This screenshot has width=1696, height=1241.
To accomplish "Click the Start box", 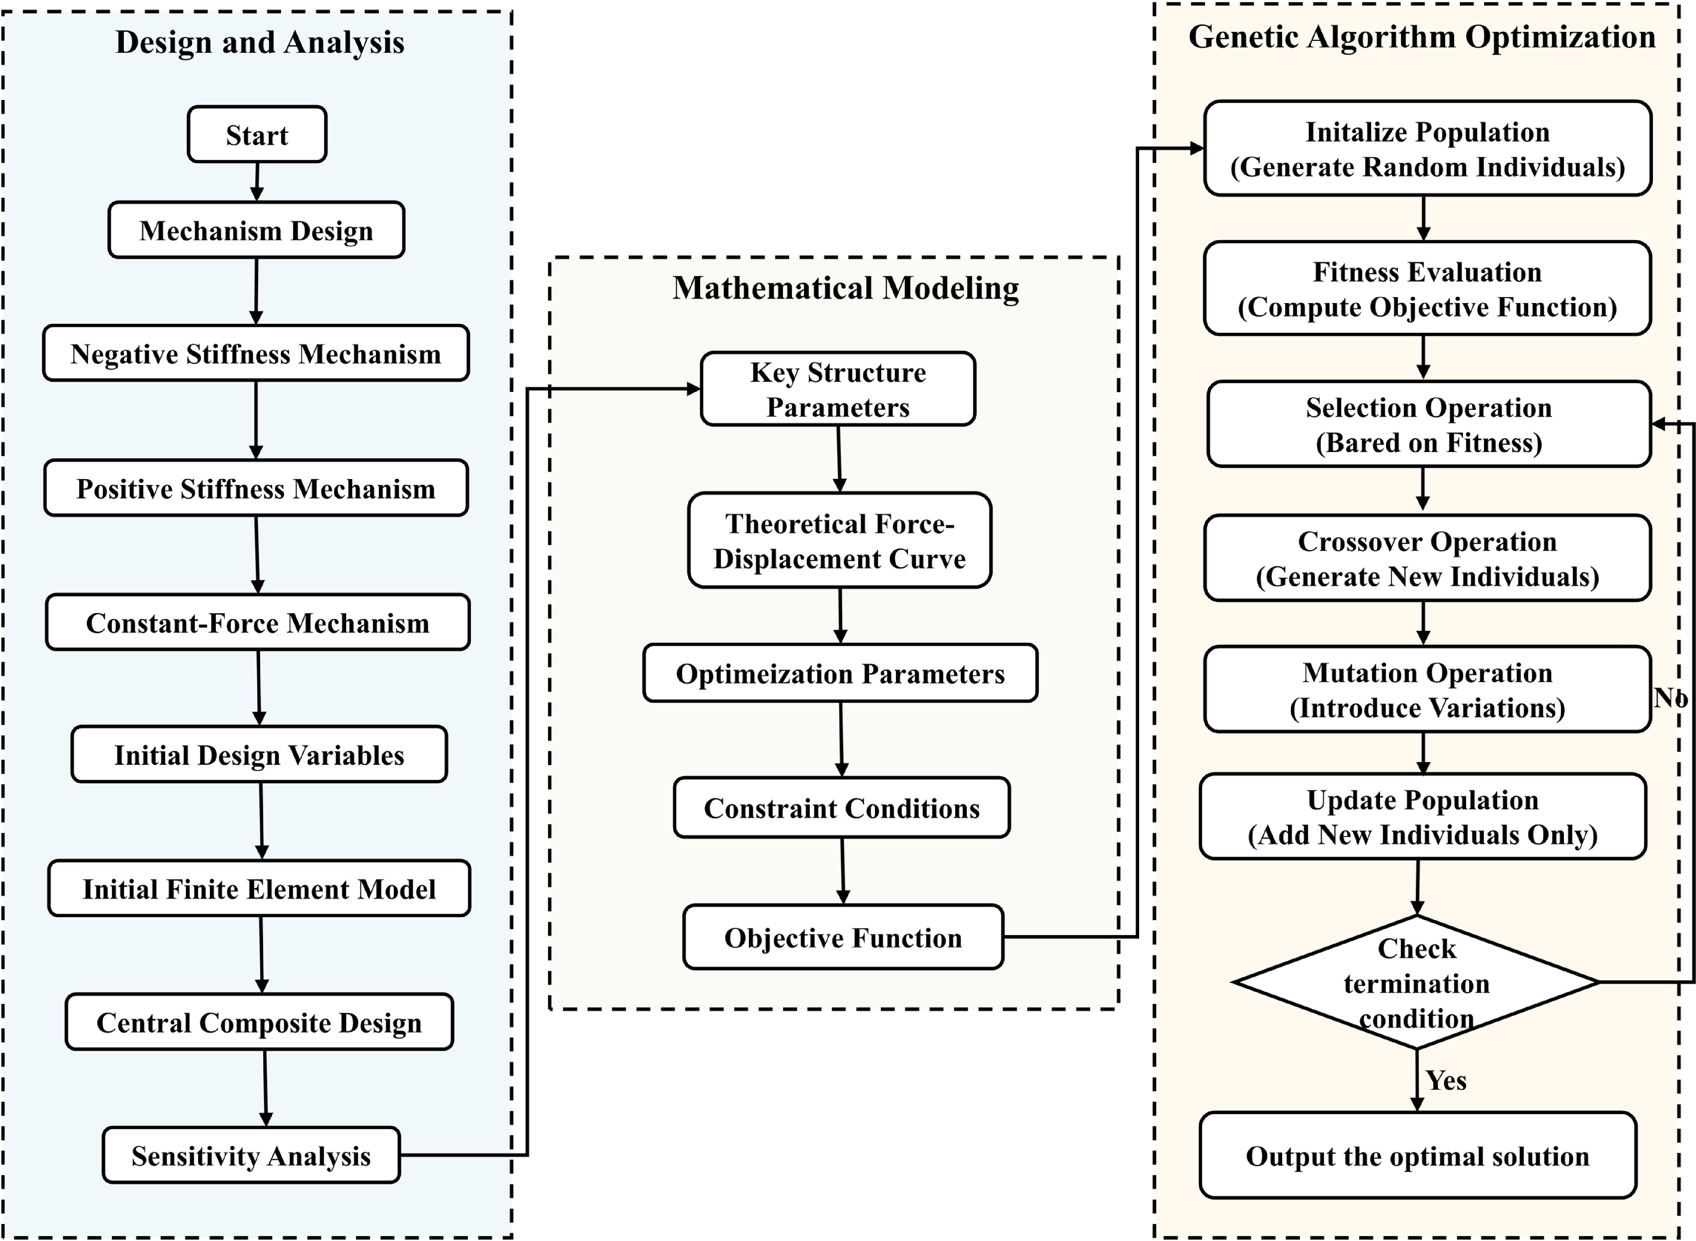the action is coord(257,135).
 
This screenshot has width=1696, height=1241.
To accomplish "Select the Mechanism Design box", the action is coord(256,230).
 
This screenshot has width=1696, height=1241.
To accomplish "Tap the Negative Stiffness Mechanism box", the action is coord(256,353).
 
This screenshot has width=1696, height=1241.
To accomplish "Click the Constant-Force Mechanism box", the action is coord(258,622).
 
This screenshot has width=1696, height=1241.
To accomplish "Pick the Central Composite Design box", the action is coord(259,1022).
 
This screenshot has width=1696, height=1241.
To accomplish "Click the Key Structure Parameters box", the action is coord(838,389).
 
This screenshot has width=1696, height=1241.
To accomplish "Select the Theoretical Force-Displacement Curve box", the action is coord(840,540).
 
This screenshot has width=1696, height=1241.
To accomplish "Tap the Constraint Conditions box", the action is coord(841,807).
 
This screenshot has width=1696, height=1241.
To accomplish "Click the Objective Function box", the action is coord(843,937).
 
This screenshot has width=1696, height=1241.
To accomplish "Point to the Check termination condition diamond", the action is coord(1416,982).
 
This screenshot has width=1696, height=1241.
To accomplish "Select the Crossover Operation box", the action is coord(1427,558).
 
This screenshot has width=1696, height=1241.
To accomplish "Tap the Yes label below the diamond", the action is coord(1446,1080).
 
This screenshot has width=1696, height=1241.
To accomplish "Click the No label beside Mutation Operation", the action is coord(1671,698).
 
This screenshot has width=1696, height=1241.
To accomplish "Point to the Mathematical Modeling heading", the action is coord(846,288).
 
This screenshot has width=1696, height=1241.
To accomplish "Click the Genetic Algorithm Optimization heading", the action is coord(1422,37).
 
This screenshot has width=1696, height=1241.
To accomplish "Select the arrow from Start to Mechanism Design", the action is coord(257,182).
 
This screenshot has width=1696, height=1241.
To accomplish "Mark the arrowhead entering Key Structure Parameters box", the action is coord(693,388).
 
